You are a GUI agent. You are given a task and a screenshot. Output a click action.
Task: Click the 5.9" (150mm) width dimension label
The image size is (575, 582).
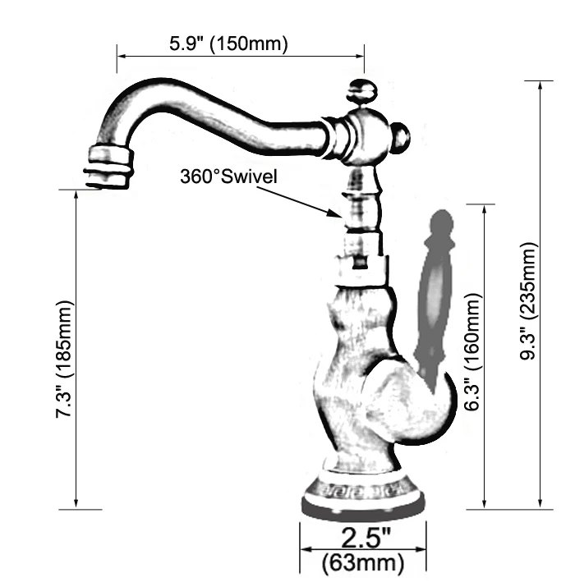[x=228, y=44]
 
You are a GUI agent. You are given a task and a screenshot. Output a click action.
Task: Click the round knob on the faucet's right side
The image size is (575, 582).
[x=402, y=137]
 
